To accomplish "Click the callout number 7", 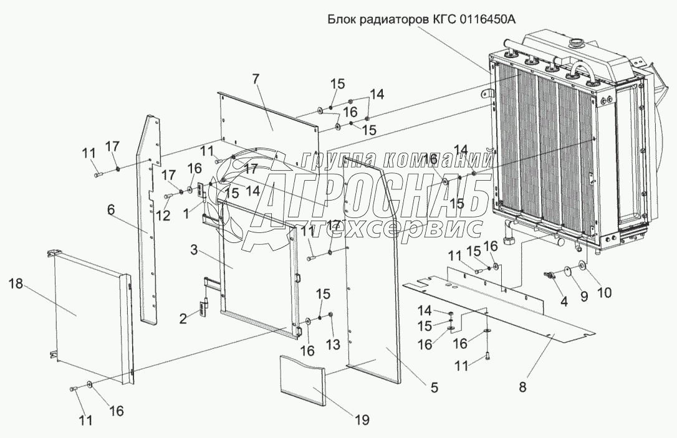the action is coord(256,80).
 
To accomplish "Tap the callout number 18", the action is coord(15,285).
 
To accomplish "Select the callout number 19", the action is coord(362,419).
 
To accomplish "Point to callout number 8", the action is coord(523,387).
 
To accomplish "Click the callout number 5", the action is coord(435,387).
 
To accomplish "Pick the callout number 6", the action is coord(111,210).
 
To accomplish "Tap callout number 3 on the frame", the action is coord(194,250).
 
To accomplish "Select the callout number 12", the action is coord(163,216).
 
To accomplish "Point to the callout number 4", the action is coord(564,302).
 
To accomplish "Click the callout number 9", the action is coord(584,297).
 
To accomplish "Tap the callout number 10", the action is coord(605,293).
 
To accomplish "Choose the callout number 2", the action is coord(183,319).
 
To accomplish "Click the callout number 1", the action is coord(186,213).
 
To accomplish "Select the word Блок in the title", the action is coord(342,20).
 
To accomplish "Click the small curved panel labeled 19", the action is coord(302,379).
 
